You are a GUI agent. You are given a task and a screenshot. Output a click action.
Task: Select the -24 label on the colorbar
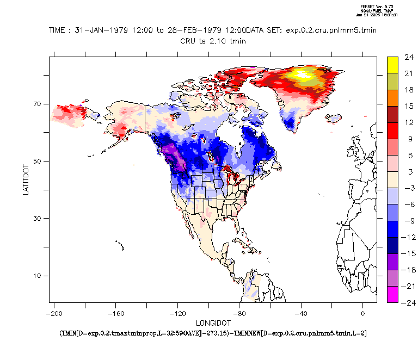click(x=409, y=303)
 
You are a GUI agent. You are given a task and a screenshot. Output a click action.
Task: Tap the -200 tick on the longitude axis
click(x=53, y=314)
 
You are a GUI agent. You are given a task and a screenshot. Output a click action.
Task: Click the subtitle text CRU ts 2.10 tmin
click(x=213, y=40)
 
